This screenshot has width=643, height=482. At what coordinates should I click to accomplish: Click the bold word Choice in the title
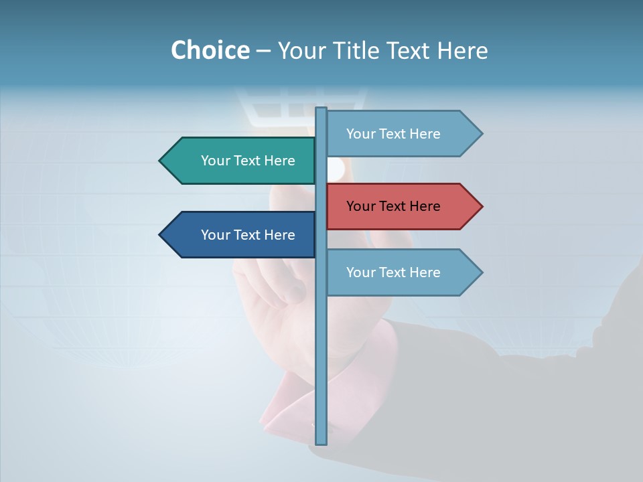click(210, 51)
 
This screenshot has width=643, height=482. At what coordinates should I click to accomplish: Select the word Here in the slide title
click(462, 51)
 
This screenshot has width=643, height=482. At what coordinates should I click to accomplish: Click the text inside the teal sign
click(248, 161)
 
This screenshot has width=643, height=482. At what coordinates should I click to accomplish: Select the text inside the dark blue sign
click(248, 235)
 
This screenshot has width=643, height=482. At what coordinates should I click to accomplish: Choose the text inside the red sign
click(393, 206)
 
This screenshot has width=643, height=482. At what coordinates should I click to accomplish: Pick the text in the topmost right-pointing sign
click(393, 134)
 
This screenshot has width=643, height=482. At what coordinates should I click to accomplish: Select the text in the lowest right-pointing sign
click(393, 272)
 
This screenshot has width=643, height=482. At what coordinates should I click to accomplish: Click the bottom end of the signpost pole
click(321, 442)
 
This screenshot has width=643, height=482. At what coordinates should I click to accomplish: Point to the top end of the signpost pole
click(321, 110)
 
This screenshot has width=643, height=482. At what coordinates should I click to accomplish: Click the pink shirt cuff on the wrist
click(288, 395)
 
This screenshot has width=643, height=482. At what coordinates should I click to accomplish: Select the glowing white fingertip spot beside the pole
click(335, 169)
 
